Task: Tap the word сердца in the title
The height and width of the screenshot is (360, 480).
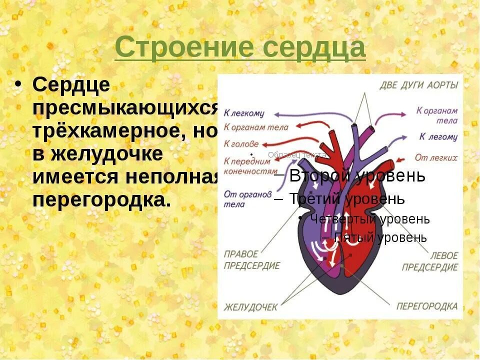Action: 313,48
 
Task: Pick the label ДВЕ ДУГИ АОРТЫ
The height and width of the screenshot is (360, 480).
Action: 418,85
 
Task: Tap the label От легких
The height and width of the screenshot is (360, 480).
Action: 436,157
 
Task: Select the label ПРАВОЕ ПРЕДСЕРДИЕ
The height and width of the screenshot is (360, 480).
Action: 251,260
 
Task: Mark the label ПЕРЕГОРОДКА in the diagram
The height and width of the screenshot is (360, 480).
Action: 427,306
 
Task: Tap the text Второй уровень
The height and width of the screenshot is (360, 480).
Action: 357,175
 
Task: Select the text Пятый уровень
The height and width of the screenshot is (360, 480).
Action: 380,237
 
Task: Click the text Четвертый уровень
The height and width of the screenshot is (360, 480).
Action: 369,219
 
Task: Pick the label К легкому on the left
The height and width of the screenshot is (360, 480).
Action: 243,113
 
